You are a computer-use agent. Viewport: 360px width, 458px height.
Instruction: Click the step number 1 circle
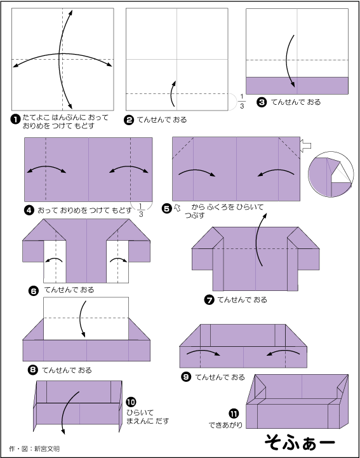(15, 118)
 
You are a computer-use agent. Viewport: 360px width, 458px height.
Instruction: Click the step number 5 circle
(167, 208)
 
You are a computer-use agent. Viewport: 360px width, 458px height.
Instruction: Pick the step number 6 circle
(34, 290)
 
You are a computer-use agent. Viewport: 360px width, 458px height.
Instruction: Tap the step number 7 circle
(209, 300)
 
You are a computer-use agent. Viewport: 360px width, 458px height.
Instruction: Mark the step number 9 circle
(186, 377)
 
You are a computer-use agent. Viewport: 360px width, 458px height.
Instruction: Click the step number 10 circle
(130, 402)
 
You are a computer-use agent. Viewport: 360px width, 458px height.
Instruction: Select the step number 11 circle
(234, 412)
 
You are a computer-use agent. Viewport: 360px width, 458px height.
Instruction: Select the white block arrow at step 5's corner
(305, 146)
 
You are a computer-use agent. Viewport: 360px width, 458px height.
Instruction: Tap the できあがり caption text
(225, 424)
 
